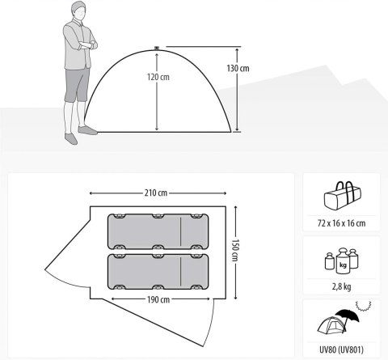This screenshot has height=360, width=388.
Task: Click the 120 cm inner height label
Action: click(158, 77)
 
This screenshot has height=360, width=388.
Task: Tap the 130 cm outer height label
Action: click(238, 68)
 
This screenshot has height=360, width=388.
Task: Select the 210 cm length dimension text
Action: click(156, 193)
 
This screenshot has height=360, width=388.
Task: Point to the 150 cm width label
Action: click(235, 250)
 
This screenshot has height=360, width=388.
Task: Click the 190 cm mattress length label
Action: click(158, 299)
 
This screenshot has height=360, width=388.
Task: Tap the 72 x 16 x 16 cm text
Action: click(341, 223)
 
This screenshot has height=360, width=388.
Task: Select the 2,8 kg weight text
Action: click(342, 286)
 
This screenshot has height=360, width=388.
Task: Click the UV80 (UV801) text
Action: click(341, 349)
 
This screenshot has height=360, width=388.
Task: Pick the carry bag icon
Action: click(342, 194)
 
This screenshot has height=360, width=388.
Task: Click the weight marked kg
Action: click(343, 261)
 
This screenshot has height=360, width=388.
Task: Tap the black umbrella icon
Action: click(348, 318)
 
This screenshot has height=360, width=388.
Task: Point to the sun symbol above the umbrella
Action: click(364, 306)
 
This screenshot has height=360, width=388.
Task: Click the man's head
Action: click(78, 10)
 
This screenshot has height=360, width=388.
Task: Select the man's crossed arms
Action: click(86, 44)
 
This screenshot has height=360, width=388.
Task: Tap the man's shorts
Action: click(77, 85)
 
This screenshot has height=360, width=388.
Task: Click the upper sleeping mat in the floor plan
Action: click(158, 231)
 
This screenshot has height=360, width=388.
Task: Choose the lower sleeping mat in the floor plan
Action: click(158, 272)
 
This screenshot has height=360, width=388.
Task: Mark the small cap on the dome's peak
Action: click(157, 49)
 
